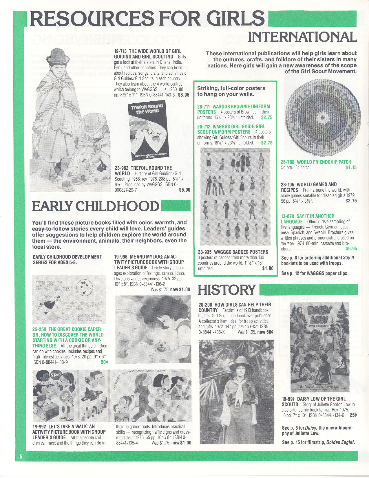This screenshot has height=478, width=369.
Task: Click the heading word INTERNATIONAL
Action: tap(302, 37)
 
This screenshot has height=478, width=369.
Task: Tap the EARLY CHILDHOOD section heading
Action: tap(95, 206)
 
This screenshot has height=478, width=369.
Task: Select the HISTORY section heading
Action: tap(226, 290)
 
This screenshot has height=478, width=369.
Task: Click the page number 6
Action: tap(21, 457)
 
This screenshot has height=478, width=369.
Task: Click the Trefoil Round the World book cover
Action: tap(147, 130)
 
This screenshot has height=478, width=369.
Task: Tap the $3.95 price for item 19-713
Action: tap(183, 95)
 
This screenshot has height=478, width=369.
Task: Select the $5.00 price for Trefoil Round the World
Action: tap(184, 190)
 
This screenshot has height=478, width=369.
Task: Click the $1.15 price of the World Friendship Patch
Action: tap(351, 167)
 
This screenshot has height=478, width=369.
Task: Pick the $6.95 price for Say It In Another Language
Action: tap(351, 249)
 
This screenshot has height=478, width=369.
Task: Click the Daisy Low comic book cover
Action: tap(320, 347)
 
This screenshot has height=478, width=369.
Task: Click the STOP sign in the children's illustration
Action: tap(56, 375)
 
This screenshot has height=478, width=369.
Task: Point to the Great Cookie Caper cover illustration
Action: tap(69, 299)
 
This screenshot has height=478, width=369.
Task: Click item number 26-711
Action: tap(203, 107)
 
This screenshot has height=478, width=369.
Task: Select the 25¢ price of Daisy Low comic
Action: tap(353, 415)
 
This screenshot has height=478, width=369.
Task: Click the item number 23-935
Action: tap(204, 252)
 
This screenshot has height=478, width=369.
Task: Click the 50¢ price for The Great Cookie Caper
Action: tap(104, 362)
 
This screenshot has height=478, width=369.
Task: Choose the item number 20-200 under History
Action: tap(205, 305)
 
